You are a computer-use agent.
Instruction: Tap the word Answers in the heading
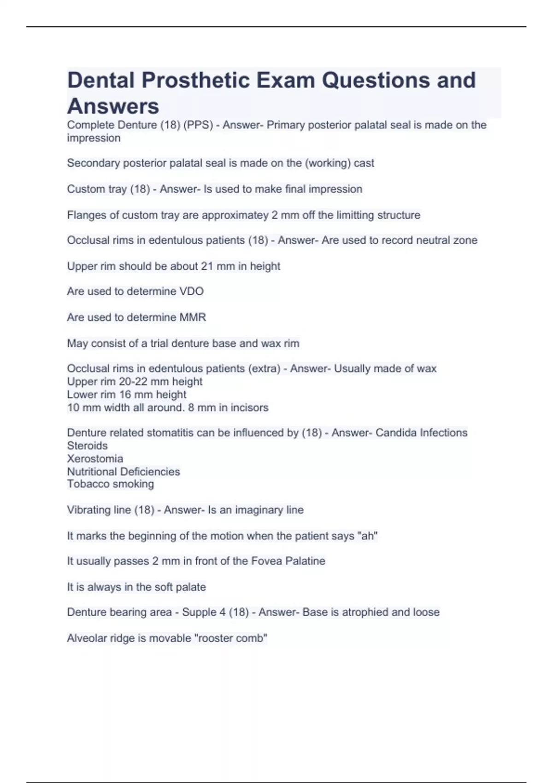click(113, 106)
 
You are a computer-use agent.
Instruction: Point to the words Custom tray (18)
click(108, 189)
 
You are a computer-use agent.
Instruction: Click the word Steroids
click(87, 445)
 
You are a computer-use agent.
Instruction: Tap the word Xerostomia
click(95, 459)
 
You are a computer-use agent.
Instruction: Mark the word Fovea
click(266, 561)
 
